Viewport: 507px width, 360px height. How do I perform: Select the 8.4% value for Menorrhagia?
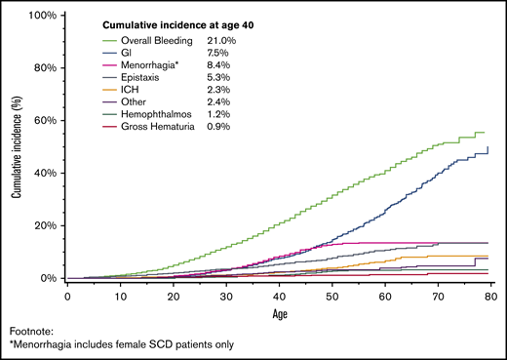(x=218, y=68)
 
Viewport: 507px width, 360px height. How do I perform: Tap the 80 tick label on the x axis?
(x=489, y=294)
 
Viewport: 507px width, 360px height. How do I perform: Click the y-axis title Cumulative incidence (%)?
(x=18, y=146)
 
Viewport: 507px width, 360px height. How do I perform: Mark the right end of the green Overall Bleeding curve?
(x=485, y=133)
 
